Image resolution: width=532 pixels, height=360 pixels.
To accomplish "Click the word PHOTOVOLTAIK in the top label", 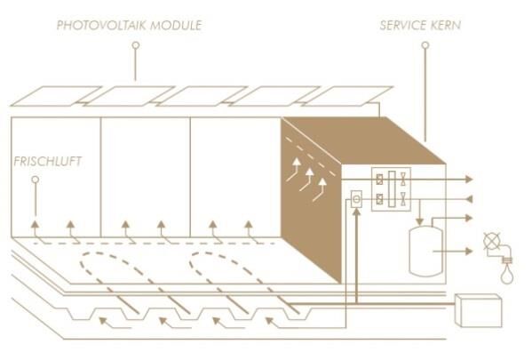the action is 101,26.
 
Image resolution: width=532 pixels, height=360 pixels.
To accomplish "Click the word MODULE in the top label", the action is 176,26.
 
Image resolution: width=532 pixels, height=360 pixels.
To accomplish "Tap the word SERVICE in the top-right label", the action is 403,26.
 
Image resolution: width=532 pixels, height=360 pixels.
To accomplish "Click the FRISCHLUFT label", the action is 47,161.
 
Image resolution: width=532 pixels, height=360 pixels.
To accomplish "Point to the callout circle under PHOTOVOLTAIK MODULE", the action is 136,45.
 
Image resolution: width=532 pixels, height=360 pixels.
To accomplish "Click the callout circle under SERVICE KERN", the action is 425,45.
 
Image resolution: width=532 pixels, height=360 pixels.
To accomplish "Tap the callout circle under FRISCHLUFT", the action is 36,180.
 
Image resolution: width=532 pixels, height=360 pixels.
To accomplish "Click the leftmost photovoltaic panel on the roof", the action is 56,96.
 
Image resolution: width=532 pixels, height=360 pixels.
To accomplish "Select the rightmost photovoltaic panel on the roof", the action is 346,96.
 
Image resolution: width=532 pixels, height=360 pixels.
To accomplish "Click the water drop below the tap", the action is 507,275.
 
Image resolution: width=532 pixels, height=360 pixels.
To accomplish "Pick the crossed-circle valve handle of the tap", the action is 492,241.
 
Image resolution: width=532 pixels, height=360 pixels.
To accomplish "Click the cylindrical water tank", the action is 425,252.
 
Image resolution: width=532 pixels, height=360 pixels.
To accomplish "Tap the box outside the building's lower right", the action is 478,310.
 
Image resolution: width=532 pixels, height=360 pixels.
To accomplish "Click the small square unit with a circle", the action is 356,199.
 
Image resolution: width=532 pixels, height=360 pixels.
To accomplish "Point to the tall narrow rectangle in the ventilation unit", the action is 392,188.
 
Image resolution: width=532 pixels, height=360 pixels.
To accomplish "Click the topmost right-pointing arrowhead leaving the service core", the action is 469,179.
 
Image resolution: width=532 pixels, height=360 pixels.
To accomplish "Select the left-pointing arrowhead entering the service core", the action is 469,199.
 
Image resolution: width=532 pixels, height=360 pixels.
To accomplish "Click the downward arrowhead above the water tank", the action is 420,222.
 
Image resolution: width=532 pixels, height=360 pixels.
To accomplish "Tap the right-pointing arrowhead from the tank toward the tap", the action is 469,252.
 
